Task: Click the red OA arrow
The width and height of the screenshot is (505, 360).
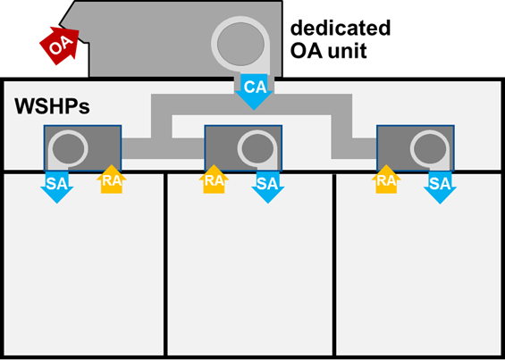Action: (x=60, y=46)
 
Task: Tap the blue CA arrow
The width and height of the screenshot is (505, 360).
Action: (x=254, y=92)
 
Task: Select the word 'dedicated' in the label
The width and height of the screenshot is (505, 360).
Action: (x=341, y=29)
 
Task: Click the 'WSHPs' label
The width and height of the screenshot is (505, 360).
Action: (x=52, y=106)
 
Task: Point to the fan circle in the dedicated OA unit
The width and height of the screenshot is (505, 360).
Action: (x=241, y=44)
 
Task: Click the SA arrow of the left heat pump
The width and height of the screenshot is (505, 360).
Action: (x=57, y=187)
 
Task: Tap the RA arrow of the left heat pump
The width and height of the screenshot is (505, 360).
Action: (x=112, y=179)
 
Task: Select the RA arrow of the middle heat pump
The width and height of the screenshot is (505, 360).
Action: (x=214, y=179)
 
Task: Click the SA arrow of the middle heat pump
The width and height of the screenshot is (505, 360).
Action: (x=267, y=187)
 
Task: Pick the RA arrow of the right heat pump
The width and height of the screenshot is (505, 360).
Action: (x=386, y=179)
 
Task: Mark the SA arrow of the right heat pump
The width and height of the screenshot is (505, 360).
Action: (x=440, y=187)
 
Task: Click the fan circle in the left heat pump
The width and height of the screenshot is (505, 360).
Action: (x=68, y=148)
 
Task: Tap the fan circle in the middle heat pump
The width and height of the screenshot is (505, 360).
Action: (x=257, y=148)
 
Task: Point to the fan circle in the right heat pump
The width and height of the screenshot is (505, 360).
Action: (x=430, y=148)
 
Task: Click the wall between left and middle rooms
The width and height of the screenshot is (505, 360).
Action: (x=165, y=264)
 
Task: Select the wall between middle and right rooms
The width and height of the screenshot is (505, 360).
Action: (x=334, y=264)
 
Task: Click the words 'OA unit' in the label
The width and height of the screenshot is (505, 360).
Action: (x=329, y=51)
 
